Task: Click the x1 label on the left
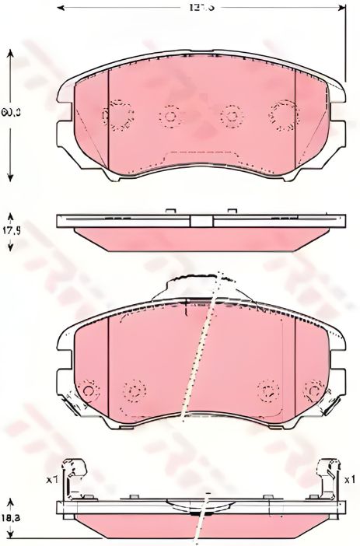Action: click(53, 479)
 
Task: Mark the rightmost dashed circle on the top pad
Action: click(281, 115)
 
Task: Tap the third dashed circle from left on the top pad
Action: click(230, 117)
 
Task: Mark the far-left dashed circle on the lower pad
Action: click(89, 390)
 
